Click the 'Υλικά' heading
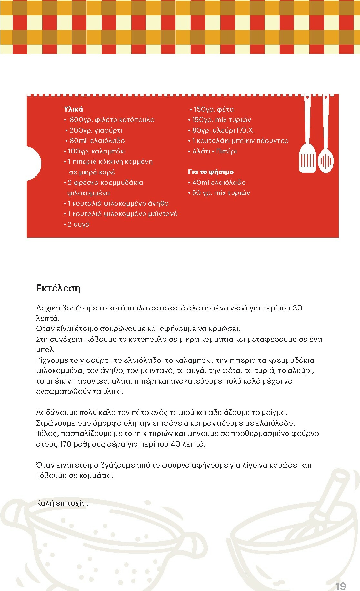point(73,109)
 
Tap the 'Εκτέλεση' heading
point(58,288)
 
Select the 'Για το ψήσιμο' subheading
point(211,172)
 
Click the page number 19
point(341,586)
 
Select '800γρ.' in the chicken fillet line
point(81,120)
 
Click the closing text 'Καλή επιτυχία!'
point(62,503)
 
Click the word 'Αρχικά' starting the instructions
point(48,308)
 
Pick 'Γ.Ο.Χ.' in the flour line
point(245,130)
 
